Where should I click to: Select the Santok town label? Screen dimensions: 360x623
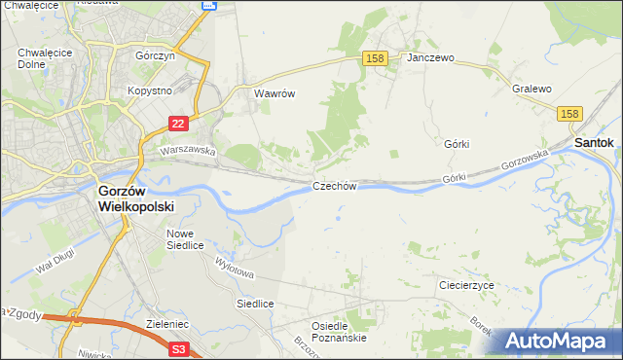click(x=594, y=142)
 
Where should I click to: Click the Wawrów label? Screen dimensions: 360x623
click(x=275, y=94)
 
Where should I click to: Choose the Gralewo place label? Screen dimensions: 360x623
click(x=531, y=89)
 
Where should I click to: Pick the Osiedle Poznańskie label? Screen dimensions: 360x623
click(x=338, y=332)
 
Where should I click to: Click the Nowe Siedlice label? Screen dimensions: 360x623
click(x=186, y=239)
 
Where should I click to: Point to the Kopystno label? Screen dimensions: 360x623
click(x=149, y=90)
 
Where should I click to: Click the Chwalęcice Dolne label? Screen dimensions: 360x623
click(x=38, y=58)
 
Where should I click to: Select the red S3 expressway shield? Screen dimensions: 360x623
click(x=178, y=347)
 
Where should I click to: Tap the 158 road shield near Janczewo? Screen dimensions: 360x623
click(x=376, y=58)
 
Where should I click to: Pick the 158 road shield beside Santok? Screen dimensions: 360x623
click(x=571, y=114)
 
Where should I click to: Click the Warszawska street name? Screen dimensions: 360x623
click(x=187, y=151)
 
